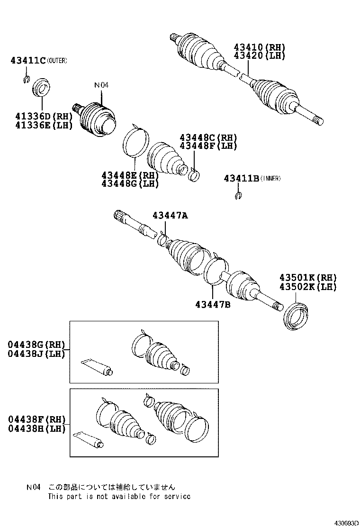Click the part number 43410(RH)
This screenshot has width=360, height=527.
coord(259,47)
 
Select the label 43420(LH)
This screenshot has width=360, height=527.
coord(259,55)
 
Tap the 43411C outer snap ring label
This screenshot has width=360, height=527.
coord(28,60)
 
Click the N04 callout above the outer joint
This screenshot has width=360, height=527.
coord(101,85)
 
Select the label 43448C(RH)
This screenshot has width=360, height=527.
coord(208,137)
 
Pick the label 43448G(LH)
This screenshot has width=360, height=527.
coord(129,183)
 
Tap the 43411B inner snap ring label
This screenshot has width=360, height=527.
coord(242,178)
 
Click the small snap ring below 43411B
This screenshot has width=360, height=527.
coord(239,196)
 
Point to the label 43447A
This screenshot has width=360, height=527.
coord(170,216)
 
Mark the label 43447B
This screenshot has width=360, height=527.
coord(212,304)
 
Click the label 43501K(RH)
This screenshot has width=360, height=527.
coord(307,278)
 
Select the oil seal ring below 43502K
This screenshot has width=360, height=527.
coord(296,315)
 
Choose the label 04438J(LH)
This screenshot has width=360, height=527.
coord(36,353)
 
